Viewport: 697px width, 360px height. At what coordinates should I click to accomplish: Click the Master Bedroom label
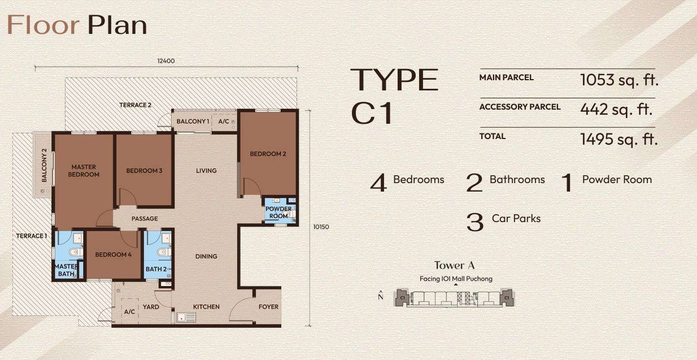pos(84,171)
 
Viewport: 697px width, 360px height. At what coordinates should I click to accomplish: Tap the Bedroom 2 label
pos(268,154)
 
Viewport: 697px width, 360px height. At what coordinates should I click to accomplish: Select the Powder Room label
pos(278,212)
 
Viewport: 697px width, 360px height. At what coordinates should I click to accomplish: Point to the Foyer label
pos(268,307)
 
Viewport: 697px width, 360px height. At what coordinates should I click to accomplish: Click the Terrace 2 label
pos(135,105)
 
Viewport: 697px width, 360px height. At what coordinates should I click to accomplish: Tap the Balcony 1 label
pos(193,122)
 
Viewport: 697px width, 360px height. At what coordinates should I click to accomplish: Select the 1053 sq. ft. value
pos(619,80)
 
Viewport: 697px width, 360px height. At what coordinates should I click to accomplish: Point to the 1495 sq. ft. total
pos(619,138)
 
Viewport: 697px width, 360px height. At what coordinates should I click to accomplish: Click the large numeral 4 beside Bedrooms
pos(378,183)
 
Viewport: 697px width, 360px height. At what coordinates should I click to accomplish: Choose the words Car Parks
pos(516,219)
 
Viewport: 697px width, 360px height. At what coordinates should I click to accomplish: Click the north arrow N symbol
pos(381,296)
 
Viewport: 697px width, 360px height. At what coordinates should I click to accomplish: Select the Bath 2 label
pos(156,270)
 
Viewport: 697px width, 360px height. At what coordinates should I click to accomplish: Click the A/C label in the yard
pos(129,311)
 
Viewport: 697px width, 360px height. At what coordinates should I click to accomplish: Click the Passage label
pos(145,219)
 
